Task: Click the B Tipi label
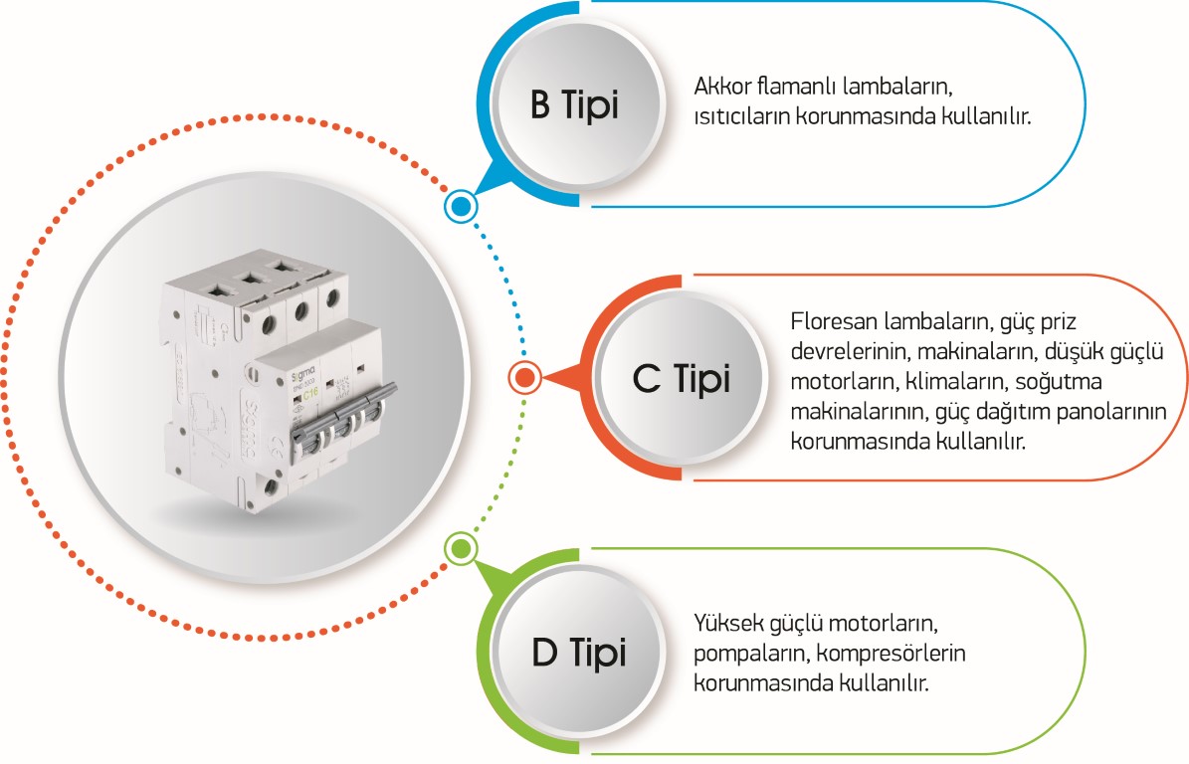574,105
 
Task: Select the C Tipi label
681,378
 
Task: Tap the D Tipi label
578,653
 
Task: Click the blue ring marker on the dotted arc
460,207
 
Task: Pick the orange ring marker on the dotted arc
524,377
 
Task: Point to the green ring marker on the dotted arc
460,547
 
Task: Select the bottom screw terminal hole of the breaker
272,487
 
